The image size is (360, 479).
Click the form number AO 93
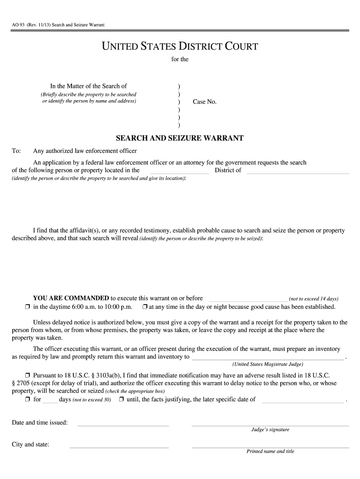pos(19,24)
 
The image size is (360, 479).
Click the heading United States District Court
pos(180,46)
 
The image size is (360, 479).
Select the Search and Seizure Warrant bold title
pos(180,138)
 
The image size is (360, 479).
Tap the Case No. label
pos(205,102)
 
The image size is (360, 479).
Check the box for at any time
pos(145,307)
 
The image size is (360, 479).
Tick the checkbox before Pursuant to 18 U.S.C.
pos(28,376)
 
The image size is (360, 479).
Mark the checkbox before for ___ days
pos(28,400)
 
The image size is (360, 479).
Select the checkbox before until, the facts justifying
pos(121,400)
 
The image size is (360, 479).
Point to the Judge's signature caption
pos(270,429)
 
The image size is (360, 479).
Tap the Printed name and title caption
pos(270,451)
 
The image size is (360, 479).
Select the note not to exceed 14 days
pos(314,299)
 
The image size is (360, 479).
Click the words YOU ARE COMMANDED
pos(71,298)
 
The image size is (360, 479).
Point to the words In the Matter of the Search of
pos(88,86)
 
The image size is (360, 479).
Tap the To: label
pos(16,151)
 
